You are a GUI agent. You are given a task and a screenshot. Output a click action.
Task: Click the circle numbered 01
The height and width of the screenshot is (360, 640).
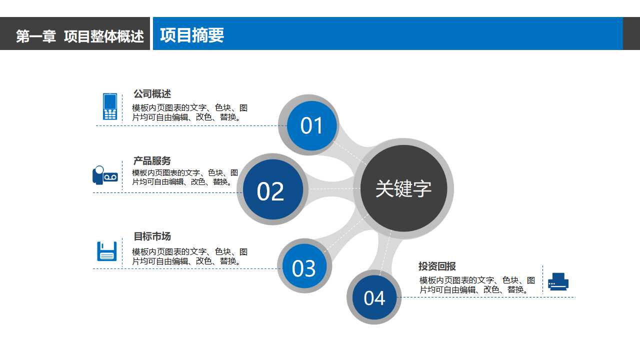coord(312,125)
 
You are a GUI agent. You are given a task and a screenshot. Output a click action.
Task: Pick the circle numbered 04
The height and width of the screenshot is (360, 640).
coord(374,298)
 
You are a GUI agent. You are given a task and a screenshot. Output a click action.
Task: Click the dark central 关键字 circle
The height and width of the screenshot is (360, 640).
coord(403,188)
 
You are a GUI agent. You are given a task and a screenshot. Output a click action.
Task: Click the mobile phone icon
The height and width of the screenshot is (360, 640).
coord(110,106)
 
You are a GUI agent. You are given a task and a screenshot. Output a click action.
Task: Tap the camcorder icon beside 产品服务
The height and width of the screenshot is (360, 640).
coord(105,175)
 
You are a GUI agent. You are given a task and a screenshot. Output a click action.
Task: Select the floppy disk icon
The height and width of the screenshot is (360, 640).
coord(106,251)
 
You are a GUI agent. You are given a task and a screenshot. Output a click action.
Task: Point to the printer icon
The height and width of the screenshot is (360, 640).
coord(558,281)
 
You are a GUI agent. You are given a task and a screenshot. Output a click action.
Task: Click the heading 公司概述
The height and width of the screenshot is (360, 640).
coord(152,94)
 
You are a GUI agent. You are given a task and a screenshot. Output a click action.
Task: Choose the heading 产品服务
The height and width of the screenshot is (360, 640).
coord(152,161)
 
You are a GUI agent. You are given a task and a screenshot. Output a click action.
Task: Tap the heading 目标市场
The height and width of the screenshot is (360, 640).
coord(152,236)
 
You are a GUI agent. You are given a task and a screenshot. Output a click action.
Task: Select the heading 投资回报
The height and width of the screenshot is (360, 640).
coord(437,266)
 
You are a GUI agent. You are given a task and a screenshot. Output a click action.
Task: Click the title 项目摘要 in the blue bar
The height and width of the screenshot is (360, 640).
coord(192,35)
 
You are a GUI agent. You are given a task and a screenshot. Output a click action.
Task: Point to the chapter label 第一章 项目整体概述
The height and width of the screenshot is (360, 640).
coord(80,36)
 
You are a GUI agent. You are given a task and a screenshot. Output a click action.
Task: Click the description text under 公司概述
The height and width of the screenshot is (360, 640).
coord(189,112)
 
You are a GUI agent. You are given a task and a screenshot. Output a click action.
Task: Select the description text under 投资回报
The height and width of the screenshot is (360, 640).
coord(477,285)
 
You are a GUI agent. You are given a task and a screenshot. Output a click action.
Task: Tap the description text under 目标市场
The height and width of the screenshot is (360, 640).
coord(189,256)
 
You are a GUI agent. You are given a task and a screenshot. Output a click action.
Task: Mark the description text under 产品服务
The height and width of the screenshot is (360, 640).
coord(185,177)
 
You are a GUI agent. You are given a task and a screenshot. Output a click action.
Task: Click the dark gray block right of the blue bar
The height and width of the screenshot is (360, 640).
coord(631,33)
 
